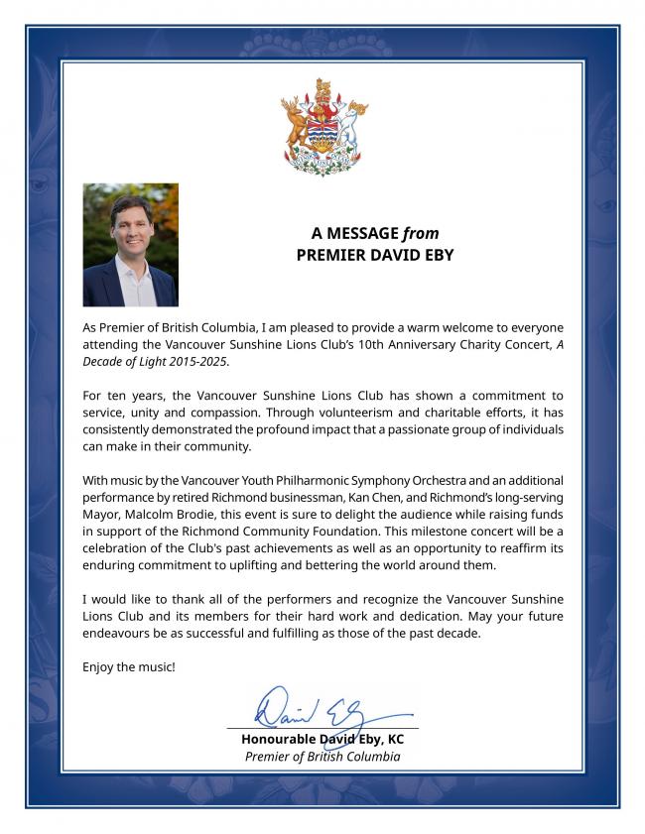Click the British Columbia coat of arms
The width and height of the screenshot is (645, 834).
(x=323, y=126)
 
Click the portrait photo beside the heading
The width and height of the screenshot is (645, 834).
(x=130, y=244)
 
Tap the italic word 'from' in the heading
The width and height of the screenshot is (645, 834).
(x=421, y=234)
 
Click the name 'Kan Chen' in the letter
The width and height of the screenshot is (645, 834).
(x=429, y=499)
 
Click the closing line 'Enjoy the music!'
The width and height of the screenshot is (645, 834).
(x=129, y=666)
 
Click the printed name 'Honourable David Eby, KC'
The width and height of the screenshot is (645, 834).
(x=322, y=740)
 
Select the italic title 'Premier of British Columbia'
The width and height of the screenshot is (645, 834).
(x=322, y=757)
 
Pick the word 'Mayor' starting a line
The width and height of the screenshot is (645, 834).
(x=101, y=517)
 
